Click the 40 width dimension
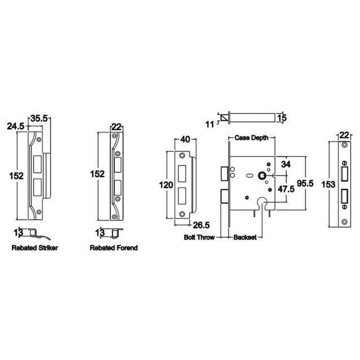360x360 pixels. pyautogui.click(x=184, y=139)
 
